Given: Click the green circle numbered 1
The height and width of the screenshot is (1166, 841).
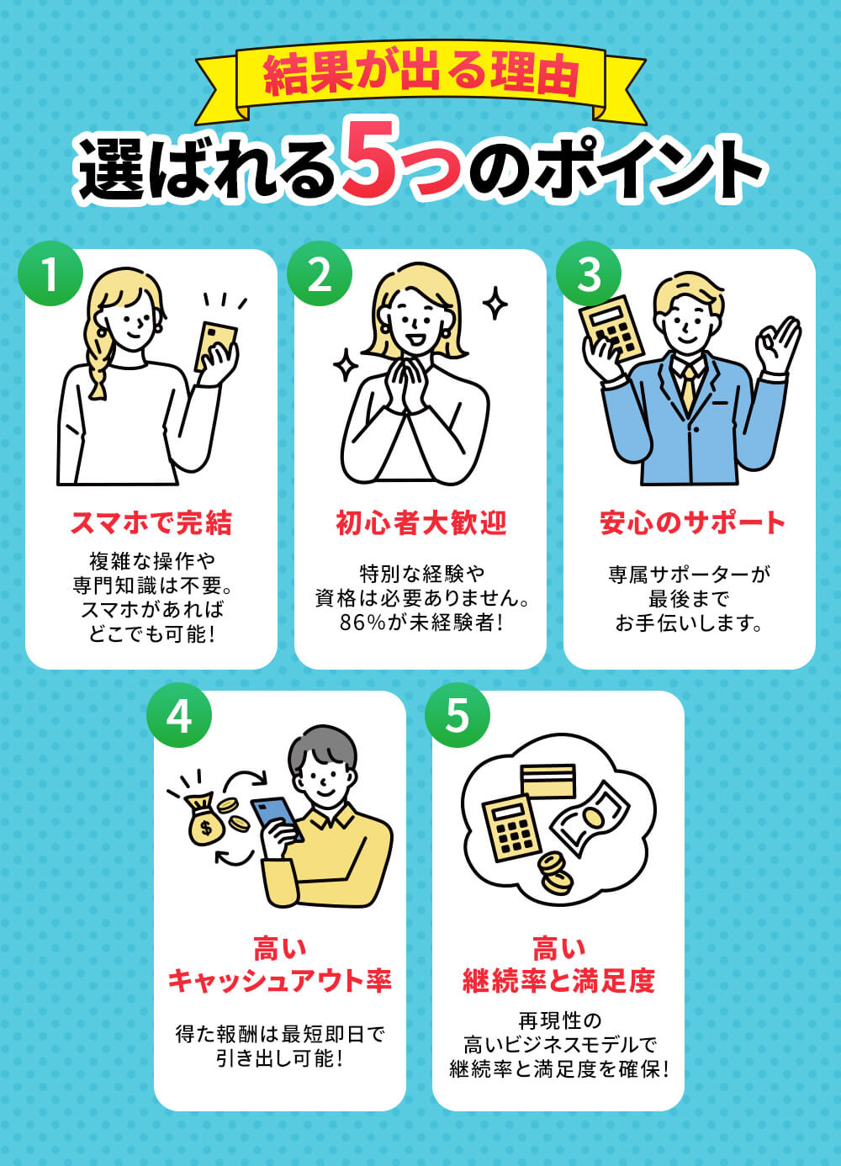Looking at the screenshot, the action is pyautogui.click(x=50, y=273).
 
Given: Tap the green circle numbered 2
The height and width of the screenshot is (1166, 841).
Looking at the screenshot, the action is pyautogui.click(x=320, y=273).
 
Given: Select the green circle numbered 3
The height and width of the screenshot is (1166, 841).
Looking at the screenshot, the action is pyautogui.click(x=589, y=273).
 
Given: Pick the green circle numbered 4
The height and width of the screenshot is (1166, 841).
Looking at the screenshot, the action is pyautogui.click(x=179, y=715).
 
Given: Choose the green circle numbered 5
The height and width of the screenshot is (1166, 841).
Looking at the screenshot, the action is pyautogui.click(x=458, y=715).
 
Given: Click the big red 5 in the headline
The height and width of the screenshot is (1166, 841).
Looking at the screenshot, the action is pyautogui.click(x=371, y=161).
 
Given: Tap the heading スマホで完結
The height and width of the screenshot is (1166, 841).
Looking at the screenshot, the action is pyautogui.click(x=151, y=523).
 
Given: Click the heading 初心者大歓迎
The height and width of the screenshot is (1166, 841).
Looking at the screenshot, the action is pyautogui.click(x=420, y=523).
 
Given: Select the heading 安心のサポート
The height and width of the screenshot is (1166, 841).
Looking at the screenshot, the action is pyautogui.click(x=691, y=523).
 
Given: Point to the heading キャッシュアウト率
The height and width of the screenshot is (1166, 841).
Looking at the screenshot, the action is pyautogui.click(x=279, y=981).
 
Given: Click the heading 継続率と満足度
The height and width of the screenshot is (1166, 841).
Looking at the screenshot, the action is pyautogui.click(x=558, y=981).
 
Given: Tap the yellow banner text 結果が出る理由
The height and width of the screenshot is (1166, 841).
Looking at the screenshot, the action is pyautogui.click(x=421, y=76).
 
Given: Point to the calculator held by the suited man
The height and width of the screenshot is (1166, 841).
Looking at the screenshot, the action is pyautogui.click(x=611, y=328).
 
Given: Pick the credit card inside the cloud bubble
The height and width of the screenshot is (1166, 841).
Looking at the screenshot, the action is pyautogui.click(x=548, y=782).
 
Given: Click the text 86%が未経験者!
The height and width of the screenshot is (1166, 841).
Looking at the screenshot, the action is pyautogui.click(x=420, y=623).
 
